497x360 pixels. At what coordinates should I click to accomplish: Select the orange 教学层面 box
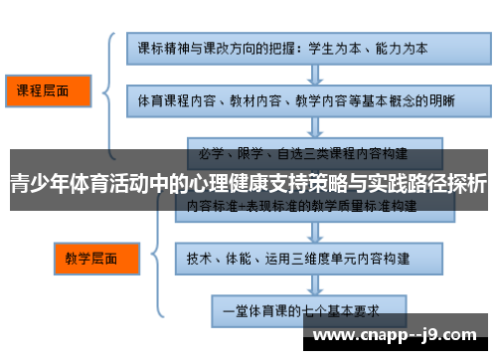tap(90, 259)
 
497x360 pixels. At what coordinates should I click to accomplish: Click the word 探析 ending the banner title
tap(467, 184)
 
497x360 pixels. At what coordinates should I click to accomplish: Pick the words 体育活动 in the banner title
tap(109, 184)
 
